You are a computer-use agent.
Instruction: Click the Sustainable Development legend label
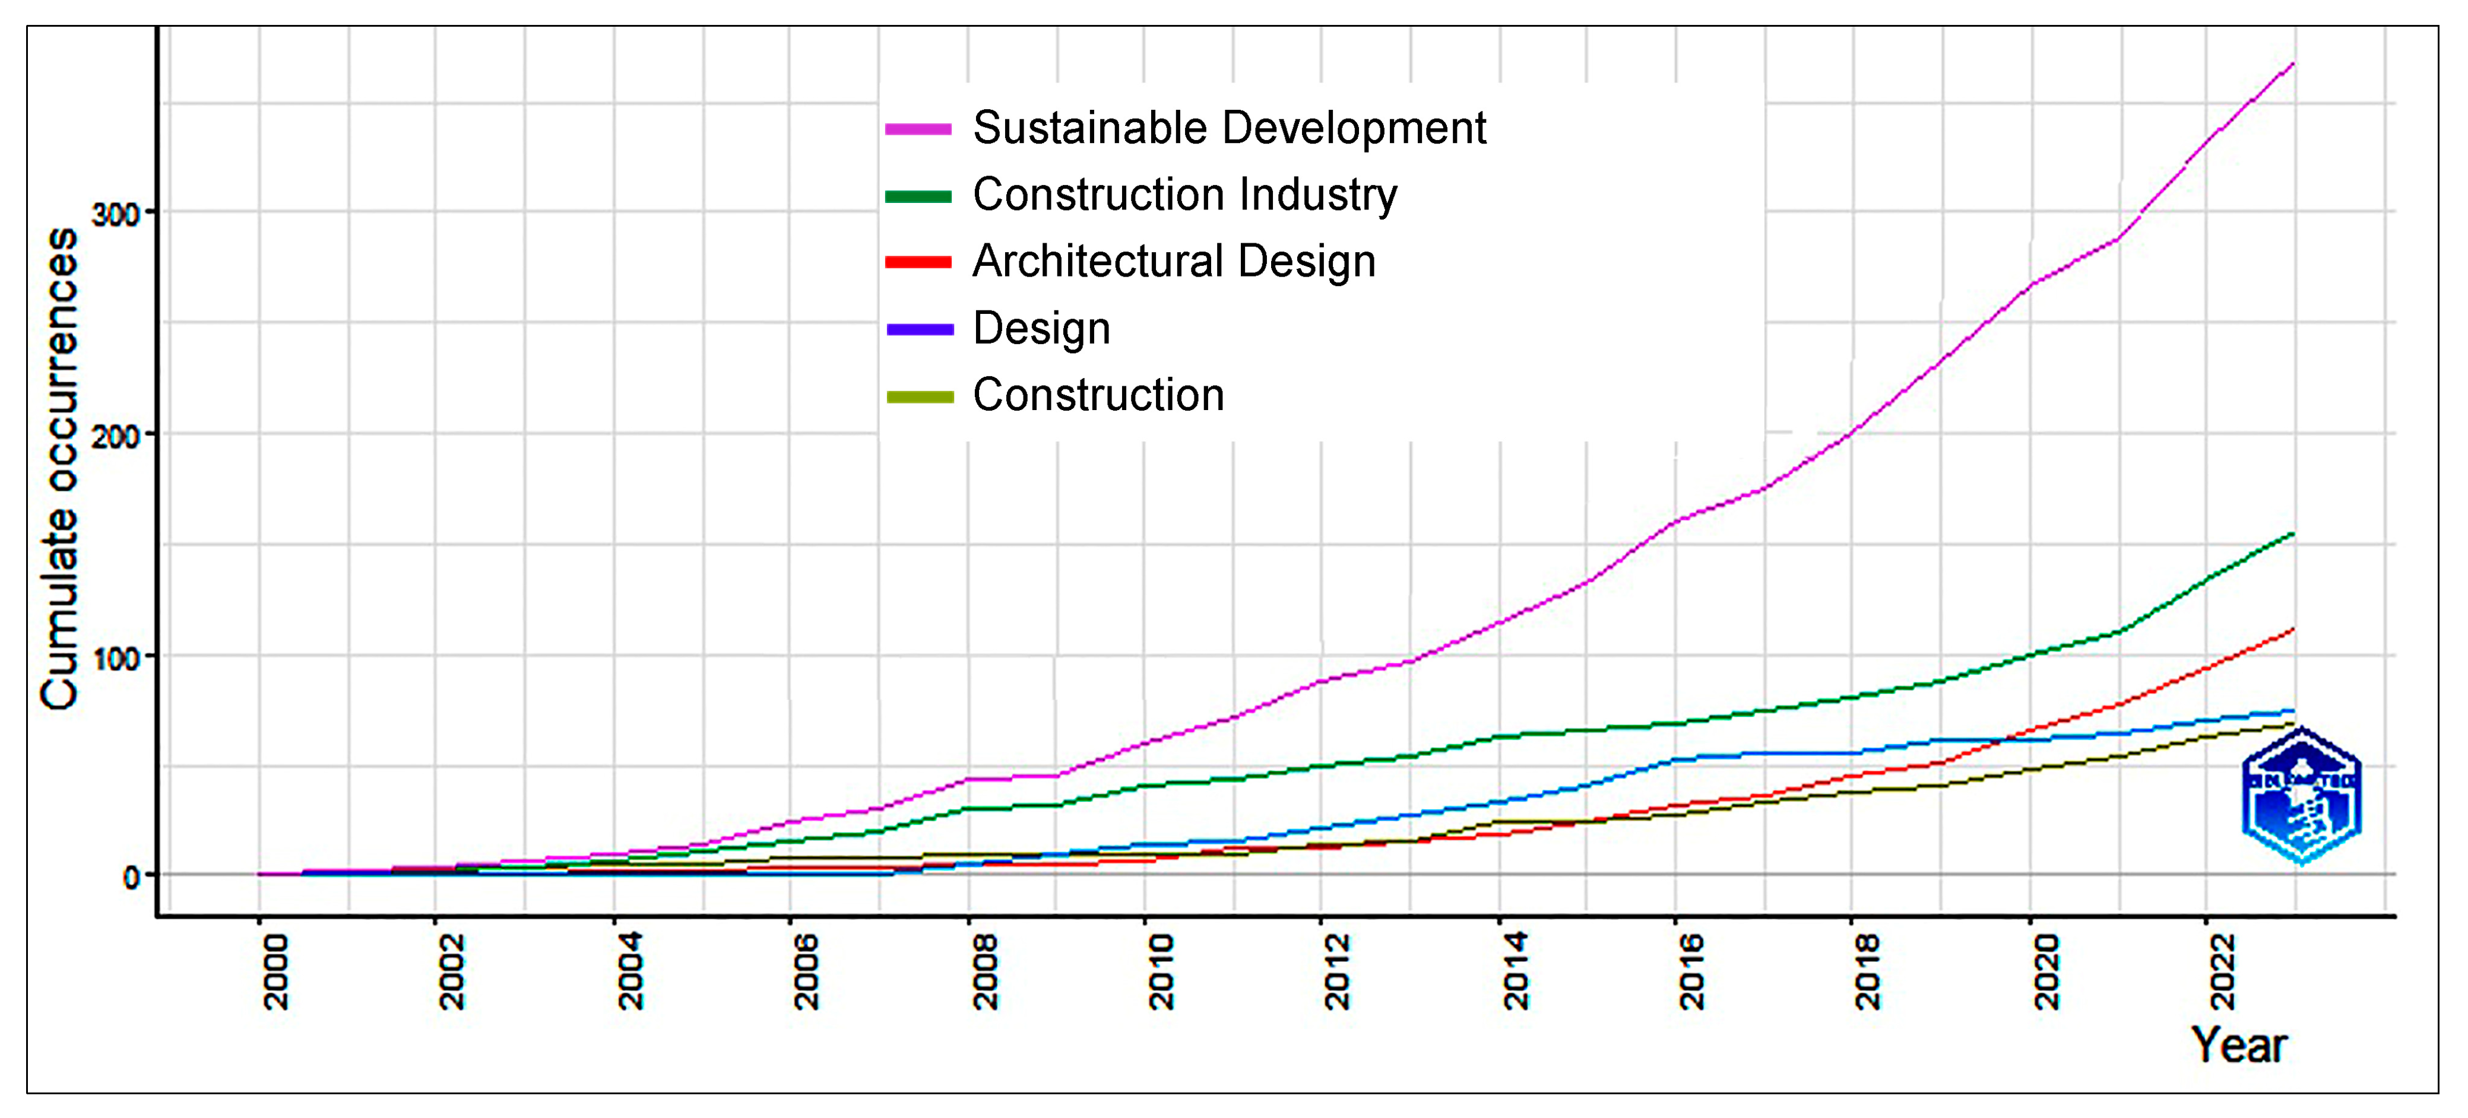tap(1228, 128)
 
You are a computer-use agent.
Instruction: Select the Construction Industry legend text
tap(1184, 195)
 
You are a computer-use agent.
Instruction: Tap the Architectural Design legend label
tap(1174, 262)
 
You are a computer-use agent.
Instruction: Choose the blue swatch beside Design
tap(919, 329)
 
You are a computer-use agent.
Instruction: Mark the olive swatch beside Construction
tap(919, 396)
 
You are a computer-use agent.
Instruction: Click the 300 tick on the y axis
tap(116, 212)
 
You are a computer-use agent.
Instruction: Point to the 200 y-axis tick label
tap(116, 436)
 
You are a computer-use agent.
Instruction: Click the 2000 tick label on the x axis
tap(275, 973)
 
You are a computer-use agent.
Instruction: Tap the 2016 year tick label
tap(1692, 973)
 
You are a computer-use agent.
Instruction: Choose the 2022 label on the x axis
tap(2223, 973)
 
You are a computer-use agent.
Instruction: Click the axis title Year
tap(2238, 1045)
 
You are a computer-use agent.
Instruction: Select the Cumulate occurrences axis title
tap(59, 469)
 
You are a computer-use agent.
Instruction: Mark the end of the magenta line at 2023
tap(2292, 64)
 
